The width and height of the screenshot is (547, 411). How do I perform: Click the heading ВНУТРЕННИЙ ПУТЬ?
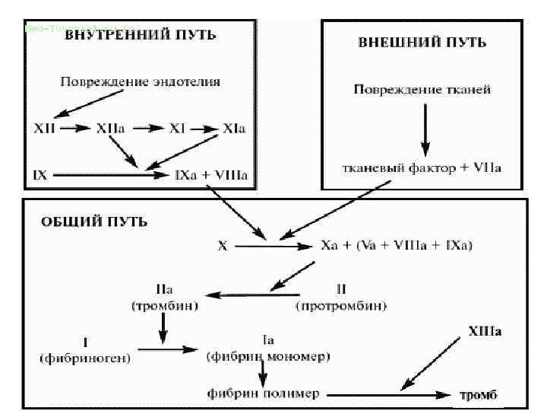click(140, 36)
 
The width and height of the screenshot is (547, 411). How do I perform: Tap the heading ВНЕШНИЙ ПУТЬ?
click(422, 42)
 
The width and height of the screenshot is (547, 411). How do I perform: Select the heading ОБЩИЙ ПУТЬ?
click(93, 222)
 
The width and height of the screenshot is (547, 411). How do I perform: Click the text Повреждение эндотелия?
click(142, 81)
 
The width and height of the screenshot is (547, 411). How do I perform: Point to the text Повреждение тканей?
click(422, 90)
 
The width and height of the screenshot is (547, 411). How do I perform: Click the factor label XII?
click(44, 129)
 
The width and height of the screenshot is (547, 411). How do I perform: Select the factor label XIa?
click(234, 129)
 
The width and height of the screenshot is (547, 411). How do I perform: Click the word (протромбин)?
click(341, 306)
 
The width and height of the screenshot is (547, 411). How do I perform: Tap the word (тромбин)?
click(164, 306)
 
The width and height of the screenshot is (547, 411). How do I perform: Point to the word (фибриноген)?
click(84, 356)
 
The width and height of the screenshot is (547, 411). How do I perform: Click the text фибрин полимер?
click(263, 394)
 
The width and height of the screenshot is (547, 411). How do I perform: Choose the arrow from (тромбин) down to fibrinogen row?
click(163, 329)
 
